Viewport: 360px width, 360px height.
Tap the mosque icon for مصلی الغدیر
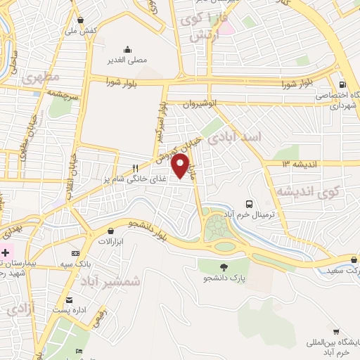tap(127, 49)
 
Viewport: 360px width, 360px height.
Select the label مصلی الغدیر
tap(127, 61)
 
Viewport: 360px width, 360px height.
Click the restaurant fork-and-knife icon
tap(134, 168)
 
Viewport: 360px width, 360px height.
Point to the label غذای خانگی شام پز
tap(145, 180)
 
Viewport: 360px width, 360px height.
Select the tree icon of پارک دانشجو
tap(224, 266)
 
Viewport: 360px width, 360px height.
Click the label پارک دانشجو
tap(224, 278)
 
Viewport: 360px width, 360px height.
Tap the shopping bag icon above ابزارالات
tap(110, 231)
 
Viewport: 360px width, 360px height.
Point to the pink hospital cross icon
tap(6, 251)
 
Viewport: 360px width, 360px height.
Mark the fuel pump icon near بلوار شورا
tap(342, 81)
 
